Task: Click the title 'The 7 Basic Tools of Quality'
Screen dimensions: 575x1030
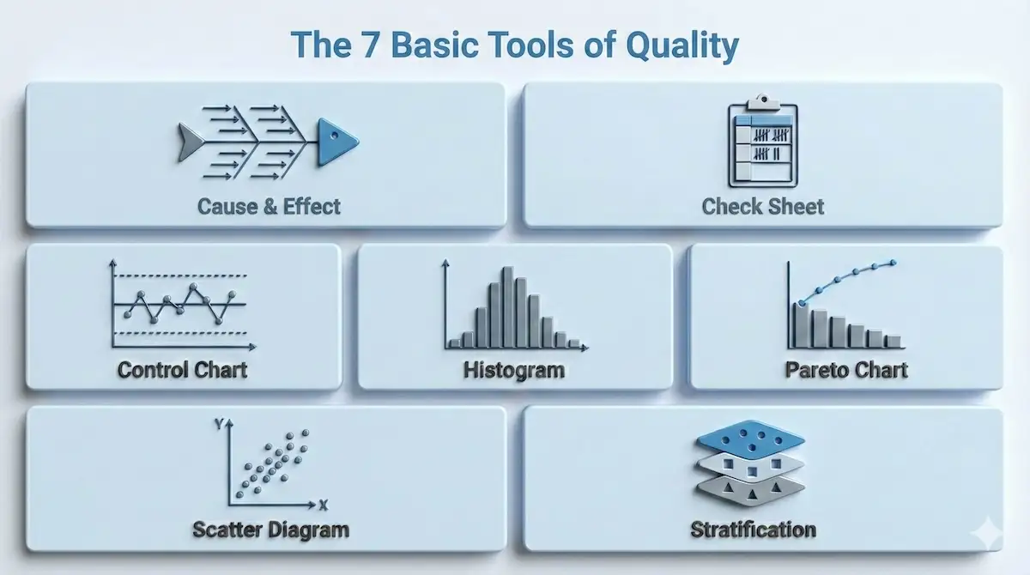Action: click(514, 45)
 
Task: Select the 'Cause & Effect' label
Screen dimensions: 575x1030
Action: click(269, 207)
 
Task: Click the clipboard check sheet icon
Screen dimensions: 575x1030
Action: click(762, 142)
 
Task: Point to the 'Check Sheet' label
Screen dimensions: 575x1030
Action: click(762, 207)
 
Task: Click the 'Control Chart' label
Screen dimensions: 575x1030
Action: click(183, 370)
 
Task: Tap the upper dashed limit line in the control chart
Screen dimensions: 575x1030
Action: click(180, 275)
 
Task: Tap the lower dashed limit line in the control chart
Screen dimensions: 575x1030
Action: click(180, 332)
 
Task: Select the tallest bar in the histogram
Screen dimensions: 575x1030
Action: click(508, 307)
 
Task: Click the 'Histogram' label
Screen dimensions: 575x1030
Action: click(514, 370)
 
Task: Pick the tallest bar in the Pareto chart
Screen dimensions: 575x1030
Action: click(801, 325)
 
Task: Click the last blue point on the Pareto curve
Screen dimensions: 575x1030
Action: click(893, 263)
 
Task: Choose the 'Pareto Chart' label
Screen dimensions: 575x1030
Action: click(846, 370)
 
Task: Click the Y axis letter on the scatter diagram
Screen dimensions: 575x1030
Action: click(220, 424)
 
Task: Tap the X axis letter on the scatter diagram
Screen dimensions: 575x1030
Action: click(323, 504)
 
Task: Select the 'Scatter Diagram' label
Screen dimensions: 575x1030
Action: click(269, 530)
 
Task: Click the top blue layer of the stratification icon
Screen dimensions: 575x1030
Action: click(750, 439)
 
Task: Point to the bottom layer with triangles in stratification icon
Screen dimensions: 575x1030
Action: click(750, 488)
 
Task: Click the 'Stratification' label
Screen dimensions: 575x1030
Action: click(753, 530)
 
